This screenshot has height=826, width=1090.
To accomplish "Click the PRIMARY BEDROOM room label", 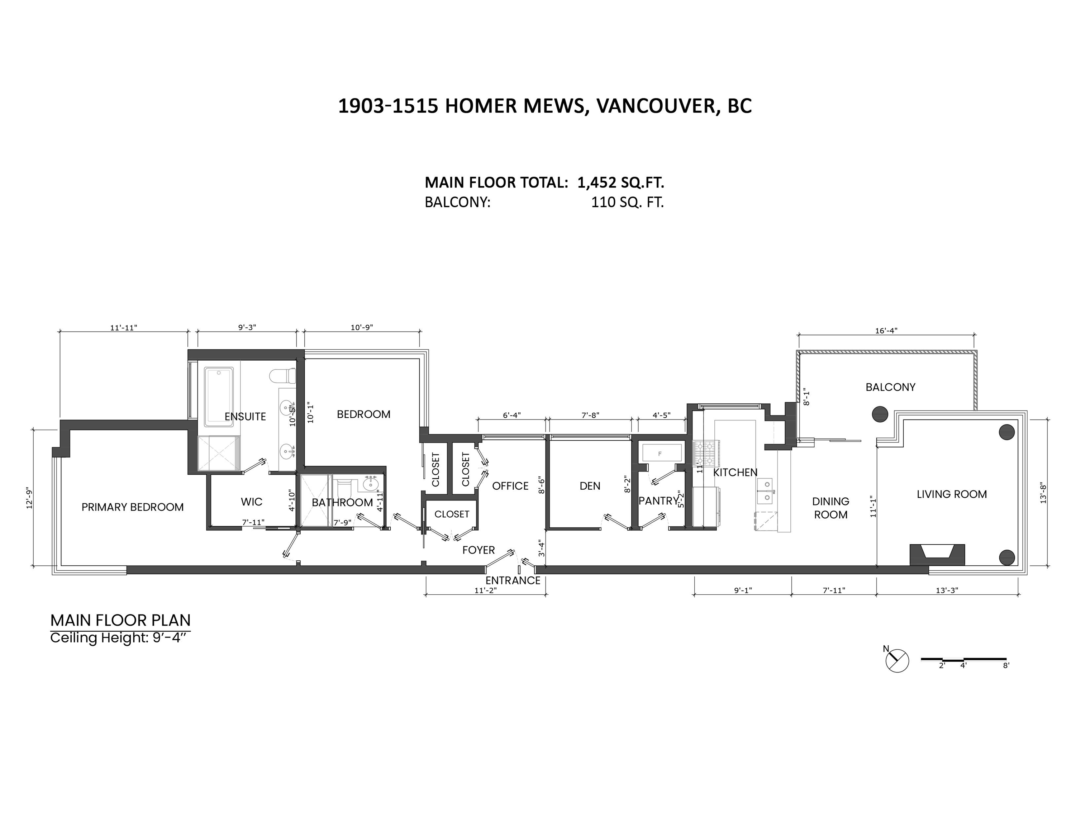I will click(133, 507).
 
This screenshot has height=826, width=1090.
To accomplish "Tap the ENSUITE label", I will click(245, 417).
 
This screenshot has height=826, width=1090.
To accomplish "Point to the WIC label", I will click(251, 502).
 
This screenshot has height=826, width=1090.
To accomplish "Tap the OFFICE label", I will click(510, 486).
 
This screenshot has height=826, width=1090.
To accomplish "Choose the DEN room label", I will click(590, 486).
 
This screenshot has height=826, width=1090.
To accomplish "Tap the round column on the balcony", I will click(880, 414).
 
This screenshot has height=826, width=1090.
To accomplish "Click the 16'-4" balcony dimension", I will click(886, 331).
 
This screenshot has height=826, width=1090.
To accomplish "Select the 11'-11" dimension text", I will click(123, 328).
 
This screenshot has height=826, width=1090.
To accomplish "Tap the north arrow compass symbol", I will click(897, 660).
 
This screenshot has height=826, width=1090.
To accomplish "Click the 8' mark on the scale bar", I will click(1006, 665).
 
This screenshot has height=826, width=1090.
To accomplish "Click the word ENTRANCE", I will click(513, 580).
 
